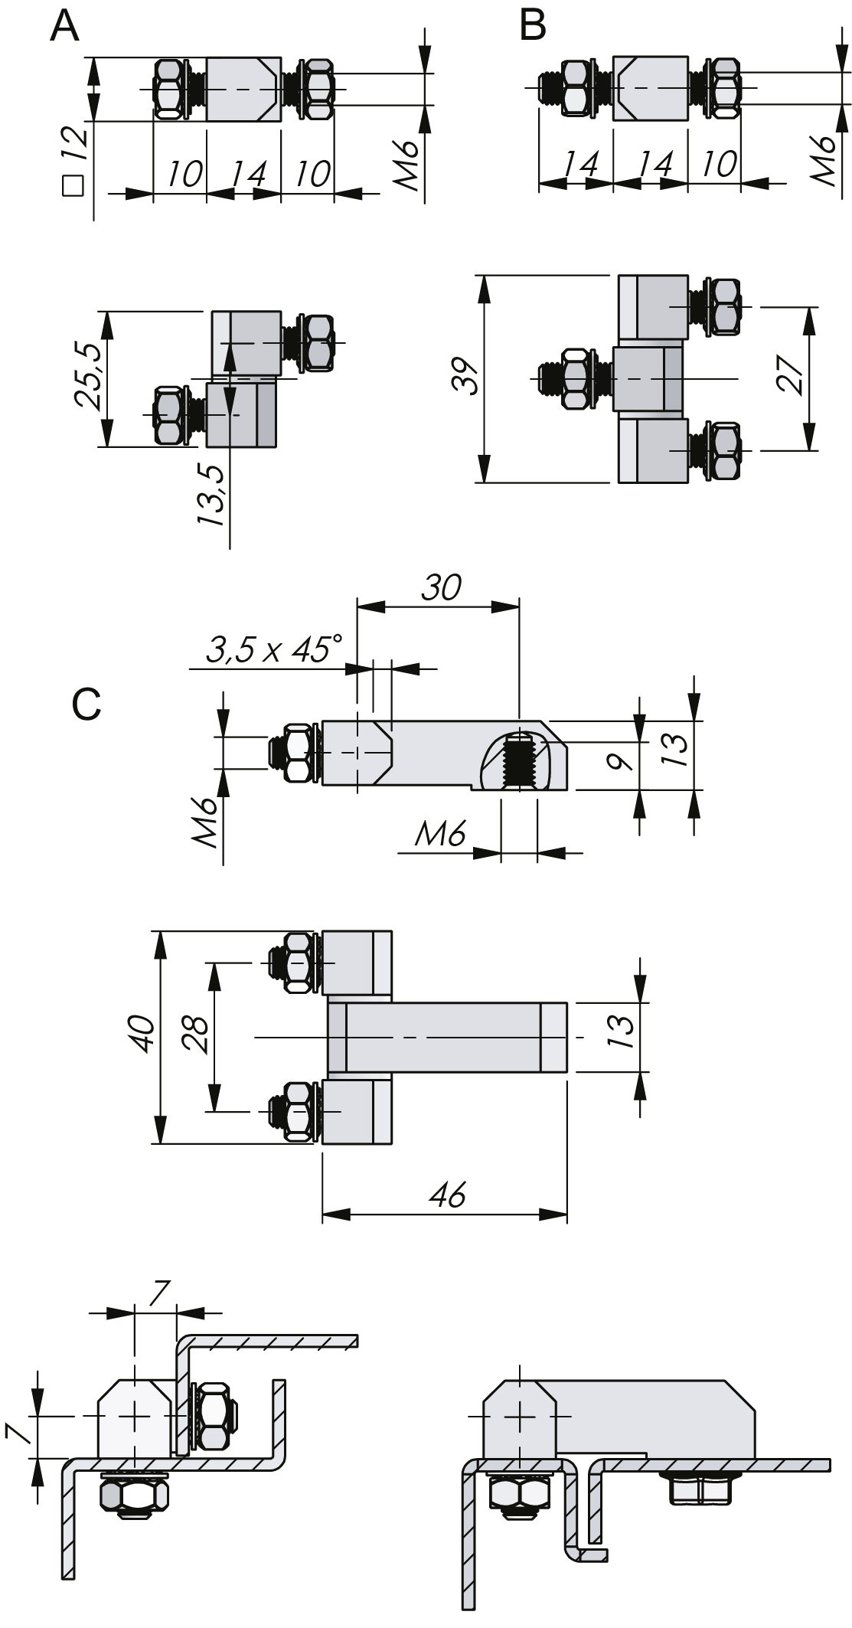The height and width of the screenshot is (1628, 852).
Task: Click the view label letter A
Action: click(x=64, y=28)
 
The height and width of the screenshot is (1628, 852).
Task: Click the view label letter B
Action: click(x=532, y=26)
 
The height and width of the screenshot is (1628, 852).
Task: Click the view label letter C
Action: click(x=87, y=704)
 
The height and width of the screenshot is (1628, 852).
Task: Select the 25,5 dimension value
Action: click(x=87, y=378)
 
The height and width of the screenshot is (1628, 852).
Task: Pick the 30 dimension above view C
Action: click(x=442, y=588)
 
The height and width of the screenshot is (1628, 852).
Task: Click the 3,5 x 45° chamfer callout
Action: click(x=273, y=650)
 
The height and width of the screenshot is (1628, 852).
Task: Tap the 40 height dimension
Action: click(x=145, y=1035)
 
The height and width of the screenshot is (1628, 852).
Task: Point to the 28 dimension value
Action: click(x=197, y=1035)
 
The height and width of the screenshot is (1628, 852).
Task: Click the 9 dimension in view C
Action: click(x=625, y=762)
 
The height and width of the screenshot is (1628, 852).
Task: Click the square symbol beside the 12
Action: click(x=73, y=186)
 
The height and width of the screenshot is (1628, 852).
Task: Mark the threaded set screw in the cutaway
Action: click(x=519, y=763)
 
